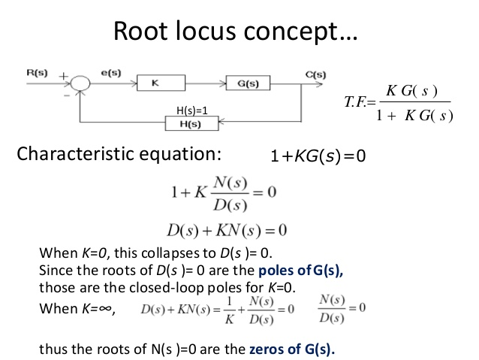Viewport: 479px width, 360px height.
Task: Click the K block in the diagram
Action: (x=154, y=83)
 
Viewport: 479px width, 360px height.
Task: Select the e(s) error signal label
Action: (x=110, y=72)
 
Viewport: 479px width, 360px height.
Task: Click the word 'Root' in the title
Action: (x=143, y=32)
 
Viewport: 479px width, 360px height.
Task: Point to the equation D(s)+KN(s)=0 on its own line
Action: (x=230, y=228)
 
